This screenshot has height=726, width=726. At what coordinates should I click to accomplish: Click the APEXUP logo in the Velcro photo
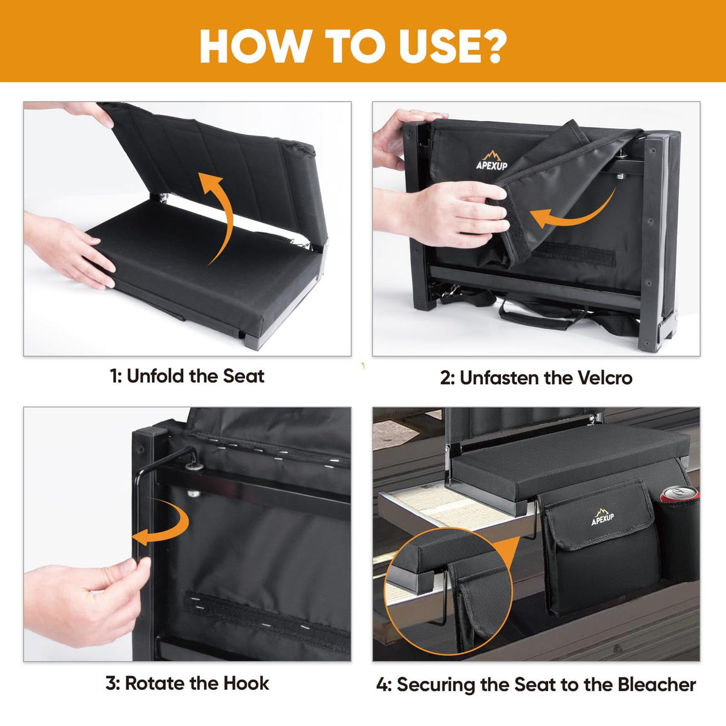coord(492,160)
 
